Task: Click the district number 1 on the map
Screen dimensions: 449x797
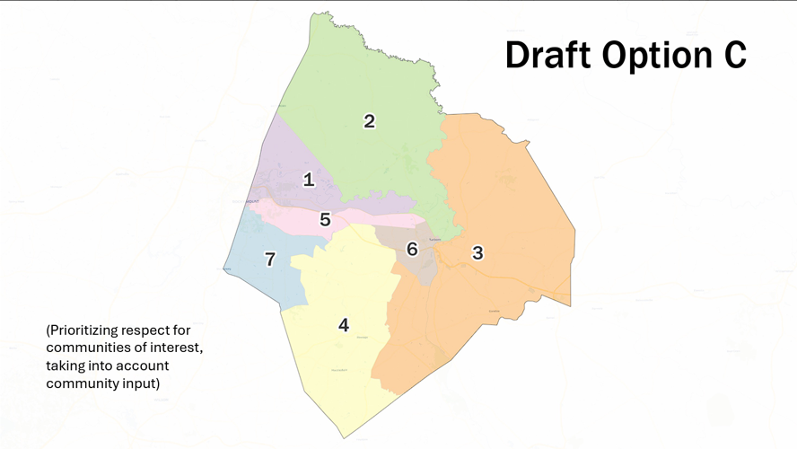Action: (309, 180)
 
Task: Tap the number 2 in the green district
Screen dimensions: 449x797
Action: (369, 120)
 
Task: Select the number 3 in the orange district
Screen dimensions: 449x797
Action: (477, 252)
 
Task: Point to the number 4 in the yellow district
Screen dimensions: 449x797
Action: (344, 325)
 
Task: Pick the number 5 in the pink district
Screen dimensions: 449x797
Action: (325, 219)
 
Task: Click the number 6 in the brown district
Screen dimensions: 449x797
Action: (412, 249)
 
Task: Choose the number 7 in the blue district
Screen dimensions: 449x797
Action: (270, 259)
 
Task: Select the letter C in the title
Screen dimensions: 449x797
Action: (734, 55)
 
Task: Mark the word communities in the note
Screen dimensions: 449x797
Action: (85, 348)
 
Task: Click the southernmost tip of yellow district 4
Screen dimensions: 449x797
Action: (344, 438)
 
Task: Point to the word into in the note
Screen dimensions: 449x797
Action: (104, 366)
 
